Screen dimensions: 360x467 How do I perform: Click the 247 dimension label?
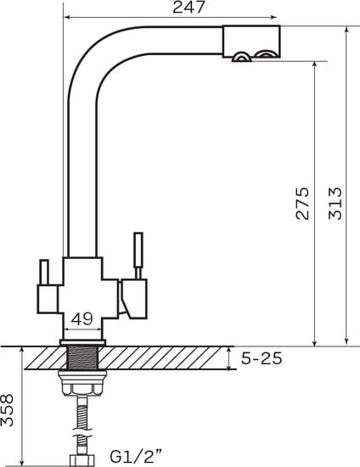(x=188, y=7)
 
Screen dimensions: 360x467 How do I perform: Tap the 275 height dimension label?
(x=302, y=204)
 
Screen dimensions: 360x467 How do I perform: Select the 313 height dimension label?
(x=335, y=204)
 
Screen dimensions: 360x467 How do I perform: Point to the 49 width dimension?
(x=82, y=319)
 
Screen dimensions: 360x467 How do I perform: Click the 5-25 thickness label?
(x=262, y=358)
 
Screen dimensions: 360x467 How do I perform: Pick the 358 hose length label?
(x=7, y=410)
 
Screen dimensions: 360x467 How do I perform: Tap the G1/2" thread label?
(x=137, y=456)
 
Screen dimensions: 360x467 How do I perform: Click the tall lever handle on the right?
(x=138, y=256)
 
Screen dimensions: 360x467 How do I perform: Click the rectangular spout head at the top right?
(x=251, y=42)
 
